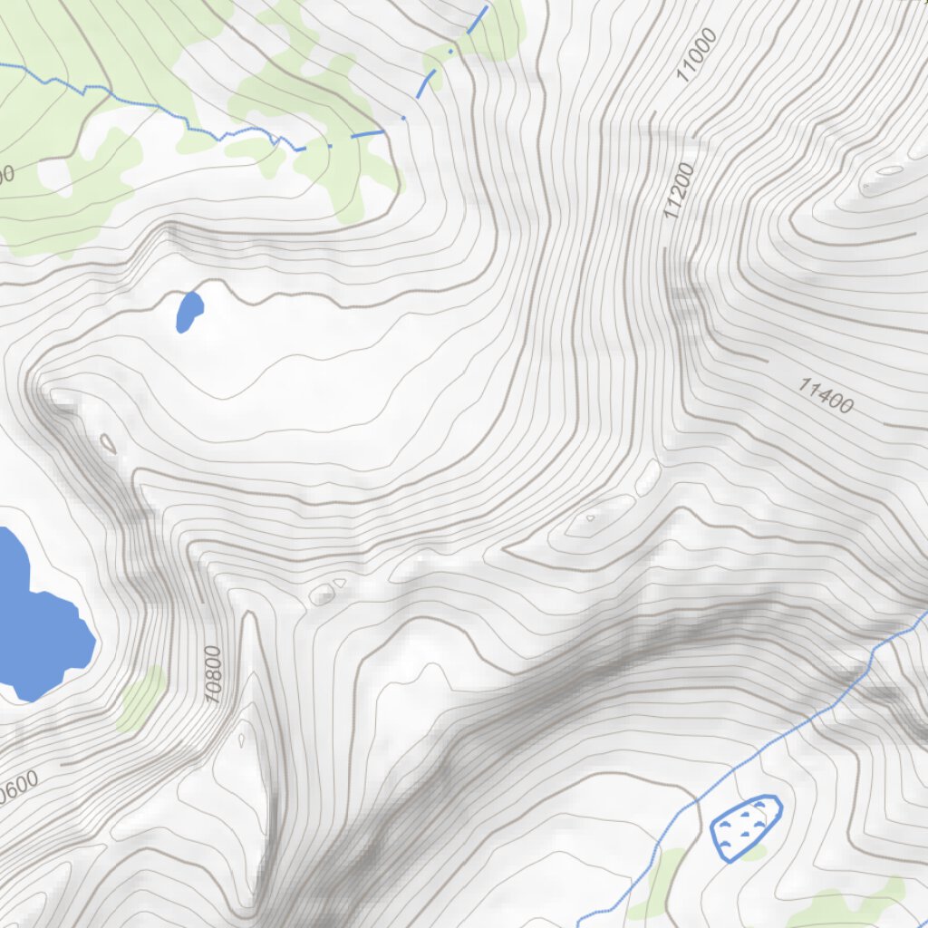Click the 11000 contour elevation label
tap(697, 55)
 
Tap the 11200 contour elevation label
tap(679, 191)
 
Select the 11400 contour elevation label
tap(826, 396)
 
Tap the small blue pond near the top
tap(189, 312)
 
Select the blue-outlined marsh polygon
tap(745, 826)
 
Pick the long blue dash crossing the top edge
tap(478, 21)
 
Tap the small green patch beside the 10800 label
tap(142, 698)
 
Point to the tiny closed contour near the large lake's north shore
tap(108, 443)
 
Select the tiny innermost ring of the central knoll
tap(590, 518)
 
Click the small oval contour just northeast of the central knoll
tap(649, 477)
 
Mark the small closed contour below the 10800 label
tap(241, 739)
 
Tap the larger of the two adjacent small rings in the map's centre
tap(322, 594)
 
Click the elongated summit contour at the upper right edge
tap(888, 171)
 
